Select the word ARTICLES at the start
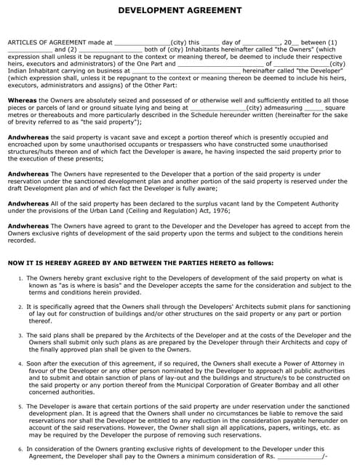[20, 43]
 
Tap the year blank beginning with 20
[291, 43]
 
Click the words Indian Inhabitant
[31, 71]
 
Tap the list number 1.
[20, 278]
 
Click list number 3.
[20, 335]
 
